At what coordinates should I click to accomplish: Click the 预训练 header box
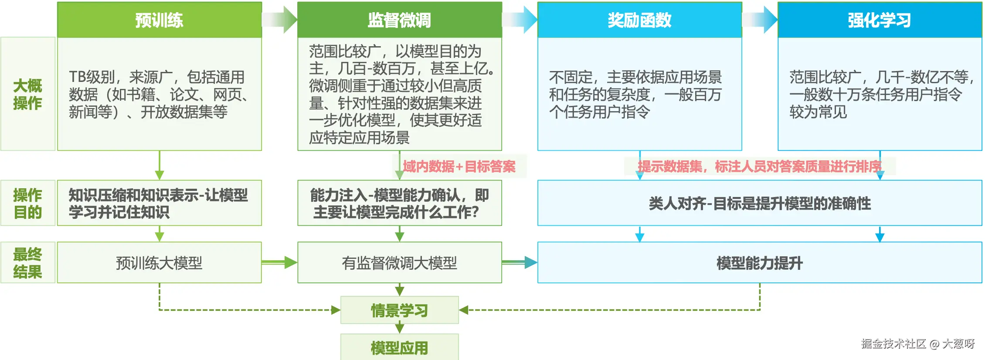pos(159,20)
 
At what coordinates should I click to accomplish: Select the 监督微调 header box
pos(399,20)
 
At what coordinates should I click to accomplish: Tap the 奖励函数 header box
pos(639,20)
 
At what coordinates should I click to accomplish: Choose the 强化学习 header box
pos(880,20)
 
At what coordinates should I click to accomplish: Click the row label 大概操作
pos(28,94)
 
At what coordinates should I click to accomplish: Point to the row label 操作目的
pos(28,203)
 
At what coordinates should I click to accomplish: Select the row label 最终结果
pos(28,263)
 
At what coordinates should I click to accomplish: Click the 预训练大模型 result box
pos(159,263)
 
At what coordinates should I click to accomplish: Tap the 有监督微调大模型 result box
pos(399,263)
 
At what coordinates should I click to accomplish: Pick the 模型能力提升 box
pos(759,263)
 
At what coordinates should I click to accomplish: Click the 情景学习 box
pos(399,310)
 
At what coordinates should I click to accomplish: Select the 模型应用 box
pos(399,348)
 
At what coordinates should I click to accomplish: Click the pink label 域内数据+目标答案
pos(459,166)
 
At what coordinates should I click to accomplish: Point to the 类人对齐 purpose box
pos(759,203)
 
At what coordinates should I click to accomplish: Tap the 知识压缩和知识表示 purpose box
pos(159,203)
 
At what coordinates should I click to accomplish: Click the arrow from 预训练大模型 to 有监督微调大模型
pos(279,262)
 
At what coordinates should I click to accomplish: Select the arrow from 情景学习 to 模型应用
pos(399,328)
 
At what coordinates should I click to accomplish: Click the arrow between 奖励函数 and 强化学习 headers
pos(760,20)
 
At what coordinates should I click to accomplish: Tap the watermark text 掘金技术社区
pos(893,344)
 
